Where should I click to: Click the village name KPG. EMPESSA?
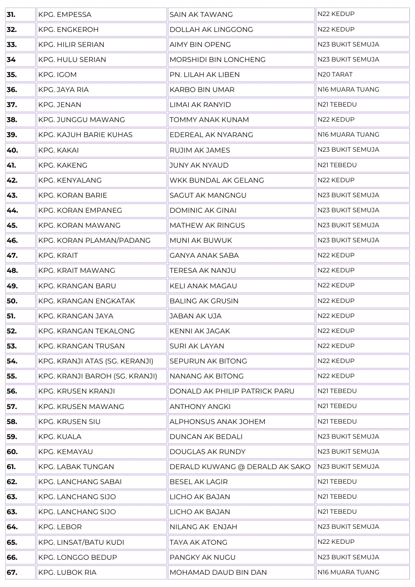pyautogui.click(x=65, y=15)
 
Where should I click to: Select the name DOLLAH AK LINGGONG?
pyautogui.click(x=211, y=30)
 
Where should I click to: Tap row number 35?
pyautogui.click(x=12, y=75)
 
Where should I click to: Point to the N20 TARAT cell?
pyautogui.click(x=335, y=75)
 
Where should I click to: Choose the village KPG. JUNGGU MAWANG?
pyautogui.click(x=81, y=120)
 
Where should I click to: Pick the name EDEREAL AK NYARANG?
pyautogui.click(x=211, y=135)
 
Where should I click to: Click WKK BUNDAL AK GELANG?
pyautogui.click(x=216, y=180)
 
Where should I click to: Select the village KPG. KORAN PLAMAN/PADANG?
pyautogui.click(x=94, y=240)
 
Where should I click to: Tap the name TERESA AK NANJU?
pyautogui.click(x=202, y=270)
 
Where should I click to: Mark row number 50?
pyautogui.click(x=12, y=301)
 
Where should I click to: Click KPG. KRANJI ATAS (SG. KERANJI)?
pyautogui.click(x=96, y=361)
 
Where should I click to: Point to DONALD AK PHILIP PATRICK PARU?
pyautogui.click(x=231, y=391)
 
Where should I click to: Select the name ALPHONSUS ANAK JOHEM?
pyautogui.click(x=217, y=422)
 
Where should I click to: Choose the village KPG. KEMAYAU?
pyautogui.click(x=65, y=452)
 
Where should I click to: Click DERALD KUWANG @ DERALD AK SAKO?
pyautogui.click(x=240, y=467)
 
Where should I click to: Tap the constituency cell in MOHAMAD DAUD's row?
pyautogui.click(x=348, y=572)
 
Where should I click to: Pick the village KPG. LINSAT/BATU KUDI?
pyautogui.click(x=81, y=542)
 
